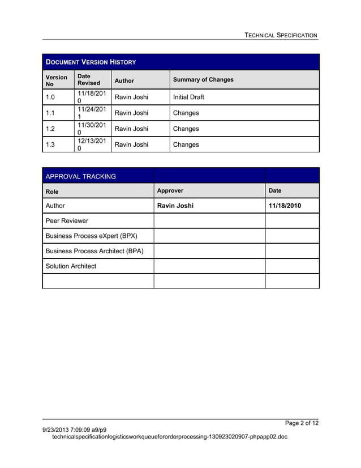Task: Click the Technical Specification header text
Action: pos(281,35)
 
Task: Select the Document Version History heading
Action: pos(91,62)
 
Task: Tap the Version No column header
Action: pos(56,80)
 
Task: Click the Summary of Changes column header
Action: pos(203,80)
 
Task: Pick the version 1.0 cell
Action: pos(51,97)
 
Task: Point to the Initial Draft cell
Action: pos(188,97)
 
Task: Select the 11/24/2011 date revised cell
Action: pos(91,113)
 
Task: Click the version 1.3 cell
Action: pos(51,144)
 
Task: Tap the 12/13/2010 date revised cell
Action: pos(91,144)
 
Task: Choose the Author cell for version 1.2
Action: pos(131,129)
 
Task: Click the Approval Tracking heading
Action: pos(80,176)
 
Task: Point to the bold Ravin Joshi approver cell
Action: pos(175,206)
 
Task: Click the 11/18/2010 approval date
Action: pos(285,206)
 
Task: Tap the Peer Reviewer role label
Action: pos(67,221)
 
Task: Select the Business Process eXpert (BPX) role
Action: pos(91,236)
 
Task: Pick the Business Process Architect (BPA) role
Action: pos(94,251)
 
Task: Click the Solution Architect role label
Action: pos(71,266)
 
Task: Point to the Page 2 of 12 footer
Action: pos(302,423)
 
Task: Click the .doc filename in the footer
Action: pos(169,437)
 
